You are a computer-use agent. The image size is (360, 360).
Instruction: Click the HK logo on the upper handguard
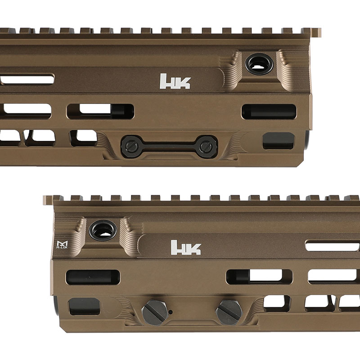pos(175,81)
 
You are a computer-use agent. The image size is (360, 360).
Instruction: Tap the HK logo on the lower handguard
pos(186,247)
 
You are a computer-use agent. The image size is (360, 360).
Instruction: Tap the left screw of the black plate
pos(130,145)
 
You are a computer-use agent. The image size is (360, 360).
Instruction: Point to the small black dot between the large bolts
pos(171,311)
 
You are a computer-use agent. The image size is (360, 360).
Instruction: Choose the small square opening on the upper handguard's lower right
pos(278,140)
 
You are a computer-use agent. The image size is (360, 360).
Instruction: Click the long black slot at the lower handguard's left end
pos(93,277)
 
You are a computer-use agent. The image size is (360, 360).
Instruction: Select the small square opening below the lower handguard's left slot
pos(84,306)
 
